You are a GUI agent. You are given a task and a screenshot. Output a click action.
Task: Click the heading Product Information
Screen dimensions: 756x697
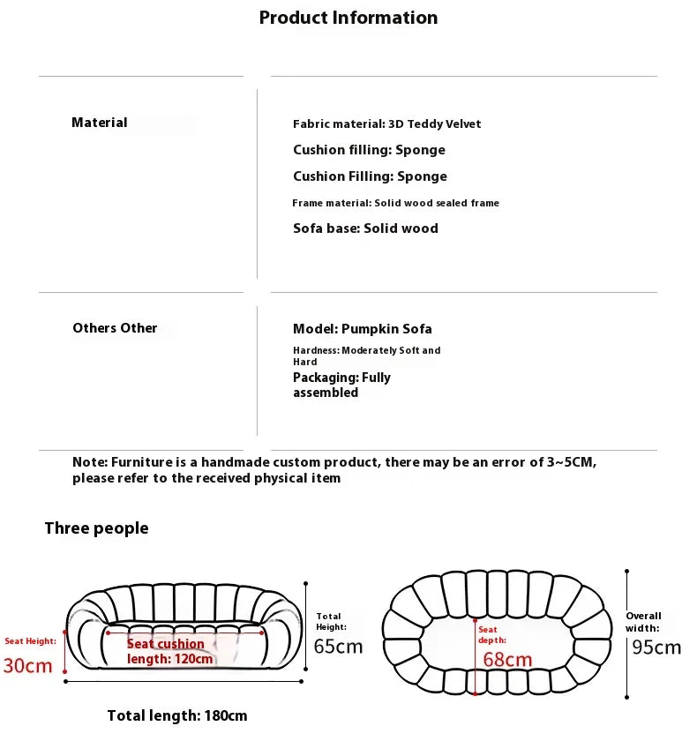348,18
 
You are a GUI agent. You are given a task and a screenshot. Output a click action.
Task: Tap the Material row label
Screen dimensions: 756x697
100,123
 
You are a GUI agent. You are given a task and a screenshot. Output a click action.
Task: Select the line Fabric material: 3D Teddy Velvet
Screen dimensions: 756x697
386,124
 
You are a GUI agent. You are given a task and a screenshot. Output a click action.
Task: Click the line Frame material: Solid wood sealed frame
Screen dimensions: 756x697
395,203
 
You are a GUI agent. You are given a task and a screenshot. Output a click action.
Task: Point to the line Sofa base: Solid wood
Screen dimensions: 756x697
365,228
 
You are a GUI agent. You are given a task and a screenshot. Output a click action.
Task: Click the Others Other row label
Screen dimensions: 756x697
115,328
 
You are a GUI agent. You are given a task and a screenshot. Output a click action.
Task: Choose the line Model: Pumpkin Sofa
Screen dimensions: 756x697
362,329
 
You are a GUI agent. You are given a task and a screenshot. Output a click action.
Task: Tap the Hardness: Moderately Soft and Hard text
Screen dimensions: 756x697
366,356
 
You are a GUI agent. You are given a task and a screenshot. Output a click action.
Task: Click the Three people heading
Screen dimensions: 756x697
96,528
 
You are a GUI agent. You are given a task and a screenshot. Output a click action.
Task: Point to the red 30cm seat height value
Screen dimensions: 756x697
27,665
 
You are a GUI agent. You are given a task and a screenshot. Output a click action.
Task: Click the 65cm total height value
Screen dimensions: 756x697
338,647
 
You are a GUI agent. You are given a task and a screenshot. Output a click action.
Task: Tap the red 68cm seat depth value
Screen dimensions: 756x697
507,659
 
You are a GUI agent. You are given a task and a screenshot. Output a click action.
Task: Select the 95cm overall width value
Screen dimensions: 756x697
656,647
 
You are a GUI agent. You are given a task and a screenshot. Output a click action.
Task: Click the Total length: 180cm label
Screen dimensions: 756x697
176,715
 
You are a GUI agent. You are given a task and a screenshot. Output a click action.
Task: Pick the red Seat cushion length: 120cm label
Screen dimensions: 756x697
169,651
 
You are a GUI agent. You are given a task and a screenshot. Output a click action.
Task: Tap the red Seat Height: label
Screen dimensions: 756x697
30,641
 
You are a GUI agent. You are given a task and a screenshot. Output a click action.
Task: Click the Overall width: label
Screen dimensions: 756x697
643,622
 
